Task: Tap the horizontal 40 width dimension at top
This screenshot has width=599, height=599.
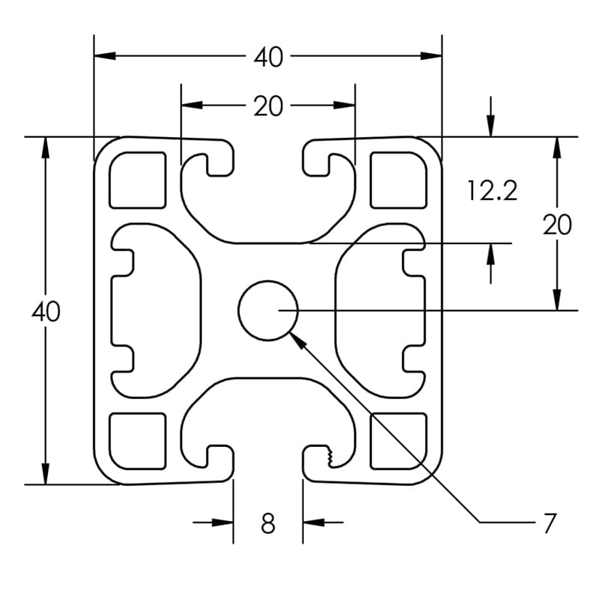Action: (268, 57)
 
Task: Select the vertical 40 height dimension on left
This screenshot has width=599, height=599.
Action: (46, 311)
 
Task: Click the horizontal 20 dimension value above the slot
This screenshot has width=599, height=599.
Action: (268, 106)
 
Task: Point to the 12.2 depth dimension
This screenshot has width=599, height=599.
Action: (492, 191)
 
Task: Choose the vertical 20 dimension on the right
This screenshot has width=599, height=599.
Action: (557, 225)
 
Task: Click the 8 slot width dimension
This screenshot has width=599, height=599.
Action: (268, 523)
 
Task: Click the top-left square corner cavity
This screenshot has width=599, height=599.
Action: (137, 180)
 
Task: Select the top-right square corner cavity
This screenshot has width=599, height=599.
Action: (398, 180)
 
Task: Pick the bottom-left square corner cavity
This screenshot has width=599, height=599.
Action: (137, 441)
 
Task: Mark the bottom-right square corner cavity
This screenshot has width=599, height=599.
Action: (398, 441)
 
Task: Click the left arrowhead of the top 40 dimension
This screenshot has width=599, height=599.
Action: (104, 56)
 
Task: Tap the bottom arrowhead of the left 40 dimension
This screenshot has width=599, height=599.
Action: (45, 474)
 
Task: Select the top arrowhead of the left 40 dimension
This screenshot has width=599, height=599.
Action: (45, 148)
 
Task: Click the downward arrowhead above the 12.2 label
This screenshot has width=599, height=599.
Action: (490, 127)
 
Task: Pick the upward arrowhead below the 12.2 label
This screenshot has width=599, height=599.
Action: (490, 253)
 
